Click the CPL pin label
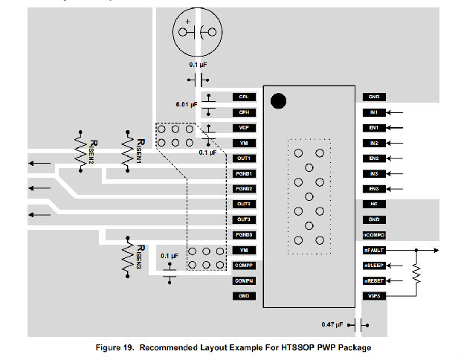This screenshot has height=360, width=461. (244, 97)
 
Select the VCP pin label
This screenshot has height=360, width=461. (244, 127)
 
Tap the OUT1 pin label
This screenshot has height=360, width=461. (244, 158)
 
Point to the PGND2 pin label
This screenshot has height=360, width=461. (244, 188)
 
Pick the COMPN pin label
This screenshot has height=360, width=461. (244, 280)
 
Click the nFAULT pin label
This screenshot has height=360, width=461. (373, 250)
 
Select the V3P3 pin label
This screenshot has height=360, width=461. (373, 296)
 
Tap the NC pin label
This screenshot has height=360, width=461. (373, 204)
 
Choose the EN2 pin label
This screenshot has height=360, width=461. (373, 158)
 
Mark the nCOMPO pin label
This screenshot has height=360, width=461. (373, 234)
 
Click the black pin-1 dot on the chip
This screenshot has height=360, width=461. (279, 101)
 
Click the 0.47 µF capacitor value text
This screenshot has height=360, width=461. (335, 325)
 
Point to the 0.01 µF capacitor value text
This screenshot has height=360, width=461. (187, 105)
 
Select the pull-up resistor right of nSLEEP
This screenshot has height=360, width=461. (416, 275)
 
